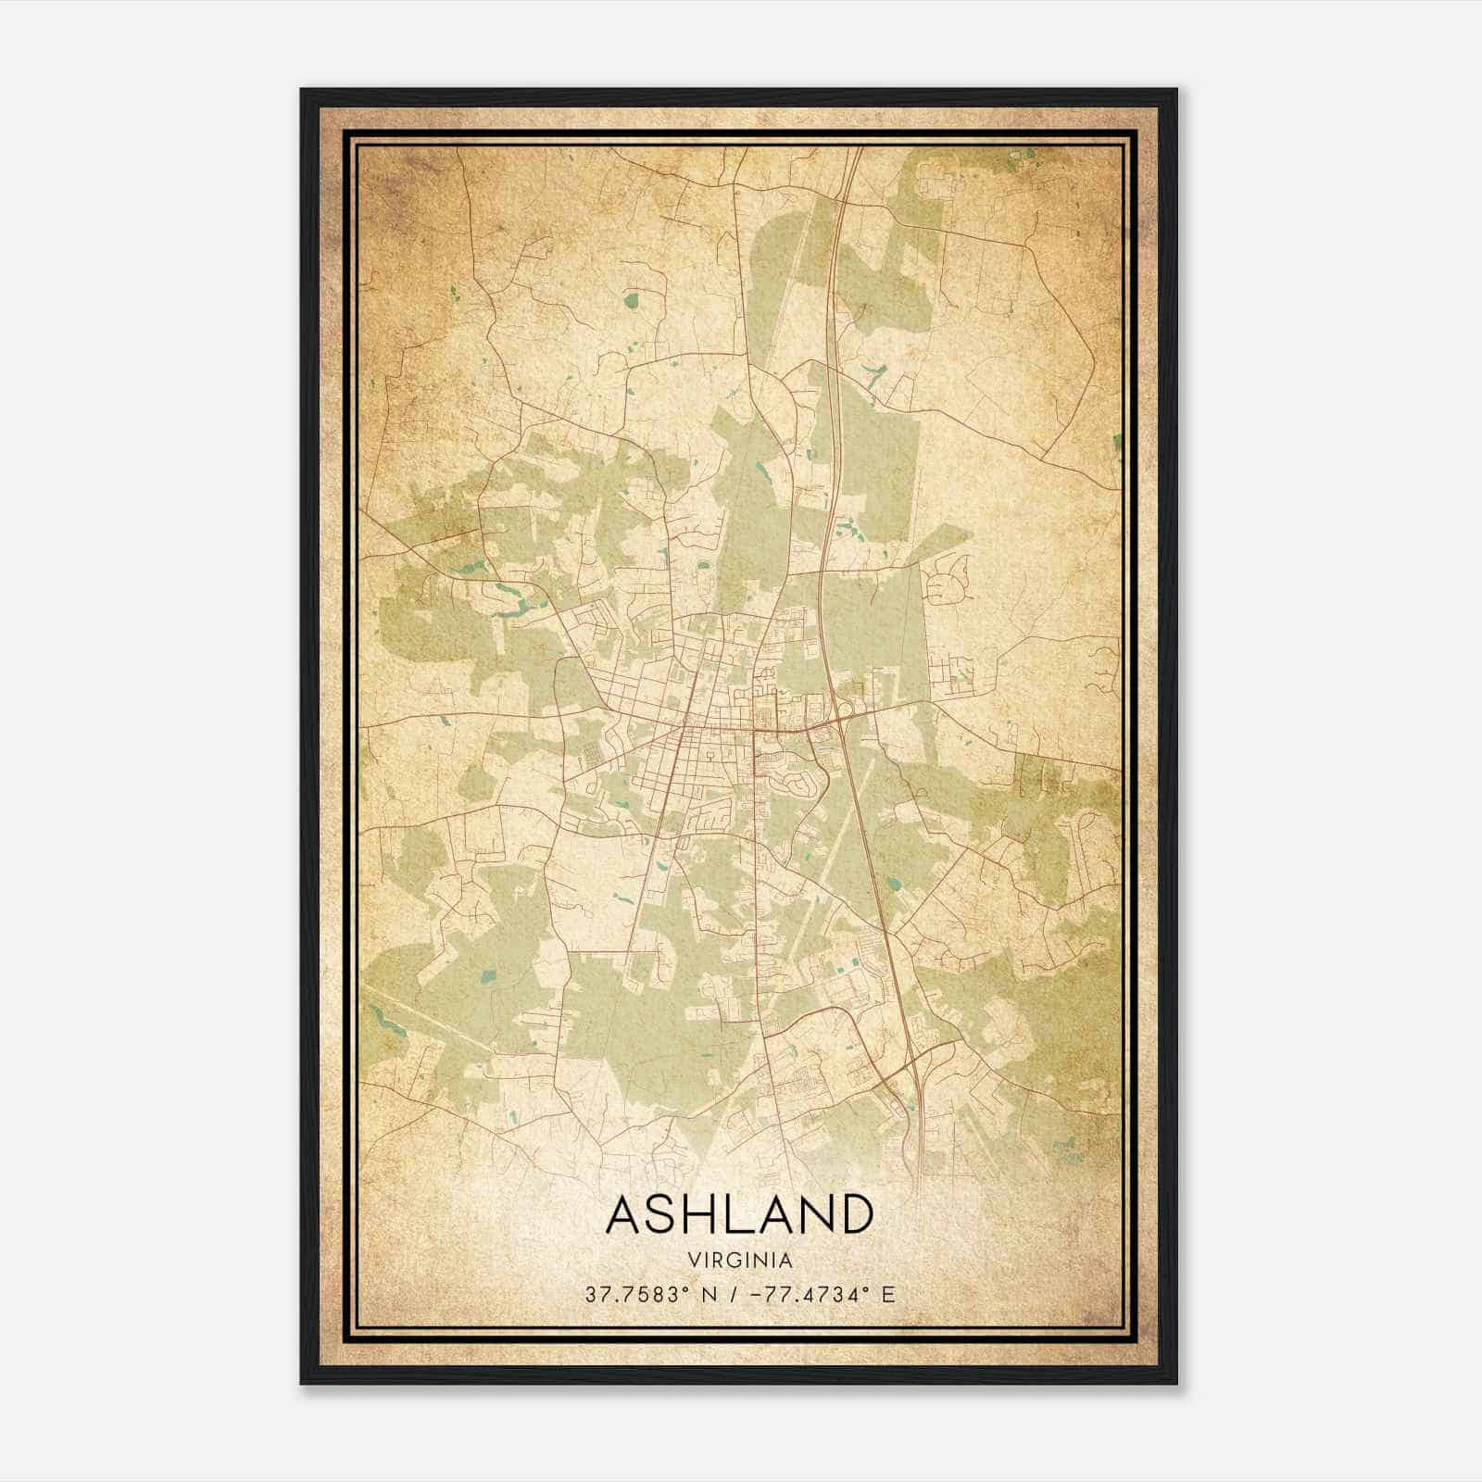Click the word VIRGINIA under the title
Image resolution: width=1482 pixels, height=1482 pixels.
tap(740, 1260)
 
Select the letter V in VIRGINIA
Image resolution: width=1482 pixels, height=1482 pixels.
tap(694, 1260)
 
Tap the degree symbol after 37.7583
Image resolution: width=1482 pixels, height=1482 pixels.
tap(686, 1289)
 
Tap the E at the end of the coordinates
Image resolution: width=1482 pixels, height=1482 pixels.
tap(887, 1295)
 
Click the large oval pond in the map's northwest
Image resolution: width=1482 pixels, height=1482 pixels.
tap(632, 299)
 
